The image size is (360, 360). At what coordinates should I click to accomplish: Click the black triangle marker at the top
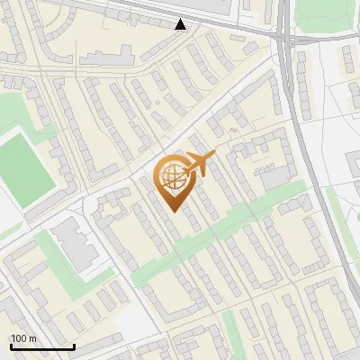(181, 24)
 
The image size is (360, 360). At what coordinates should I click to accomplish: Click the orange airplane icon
(200, 163)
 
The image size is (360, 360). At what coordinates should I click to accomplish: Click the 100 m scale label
(23, 338)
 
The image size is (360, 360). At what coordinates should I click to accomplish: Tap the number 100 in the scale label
(19, 338)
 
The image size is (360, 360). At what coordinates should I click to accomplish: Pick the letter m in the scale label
(32, 338)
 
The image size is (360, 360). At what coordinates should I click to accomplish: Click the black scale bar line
(42, 346)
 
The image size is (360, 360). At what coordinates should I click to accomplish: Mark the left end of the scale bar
(11, 346)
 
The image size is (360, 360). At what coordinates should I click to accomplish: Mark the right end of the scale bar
(74, 346)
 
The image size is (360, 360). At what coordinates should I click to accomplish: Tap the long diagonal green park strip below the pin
(216, 236)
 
